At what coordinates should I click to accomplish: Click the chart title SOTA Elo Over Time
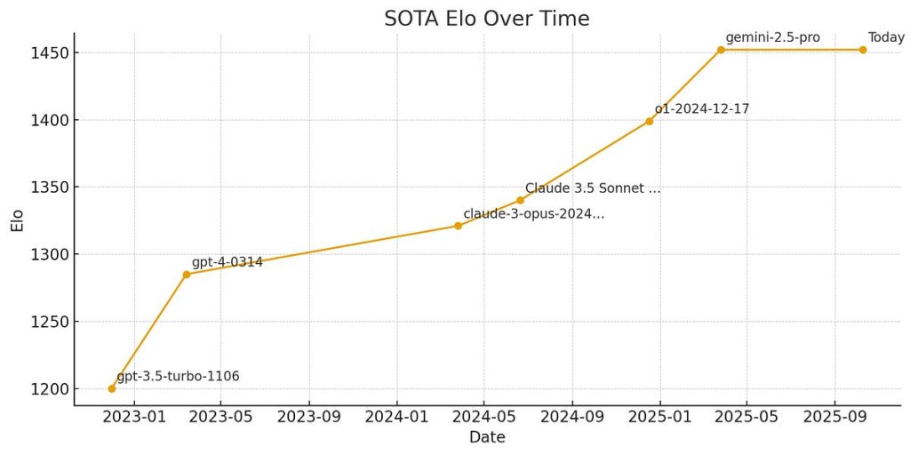point(486,18)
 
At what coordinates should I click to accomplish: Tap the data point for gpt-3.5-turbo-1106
point(112,388)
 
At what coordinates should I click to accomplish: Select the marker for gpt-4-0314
point(187,275)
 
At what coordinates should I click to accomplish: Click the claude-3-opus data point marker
point(459,226)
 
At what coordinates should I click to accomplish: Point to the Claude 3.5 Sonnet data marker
point(521,200)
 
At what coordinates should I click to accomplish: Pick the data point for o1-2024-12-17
point(650,121)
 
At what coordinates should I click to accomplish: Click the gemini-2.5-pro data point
point(721,50)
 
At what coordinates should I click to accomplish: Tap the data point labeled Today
point(862,50)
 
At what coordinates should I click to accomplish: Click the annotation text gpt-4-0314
point(227,262)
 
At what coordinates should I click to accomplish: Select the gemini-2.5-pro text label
point(772,37)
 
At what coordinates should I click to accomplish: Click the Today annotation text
point(886,37)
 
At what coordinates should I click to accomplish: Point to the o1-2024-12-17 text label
point(702,108)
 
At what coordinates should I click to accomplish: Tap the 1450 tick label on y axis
point(45,53)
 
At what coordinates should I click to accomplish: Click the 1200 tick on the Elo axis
point(45,389)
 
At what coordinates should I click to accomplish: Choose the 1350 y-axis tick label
point(45,188)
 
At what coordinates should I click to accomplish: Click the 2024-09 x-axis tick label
point(572,416)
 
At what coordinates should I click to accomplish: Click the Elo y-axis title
point(17,220)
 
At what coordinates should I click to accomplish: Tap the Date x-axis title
point(486,437)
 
